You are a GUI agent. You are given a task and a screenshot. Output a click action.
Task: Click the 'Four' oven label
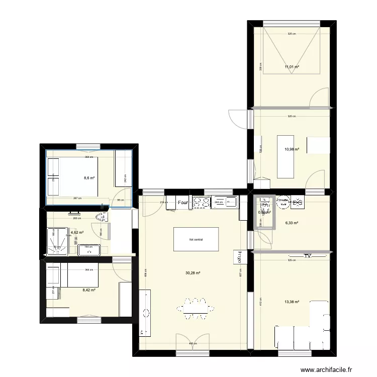[x=183, y=203]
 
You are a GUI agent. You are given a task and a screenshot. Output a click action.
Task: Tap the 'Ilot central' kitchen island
[x=196, y=239]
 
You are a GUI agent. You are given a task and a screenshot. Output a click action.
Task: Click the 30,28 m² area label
[x=193, y=273]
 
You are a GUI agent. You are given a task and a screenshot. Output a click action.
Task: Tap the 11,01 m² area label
[x=292, y=66]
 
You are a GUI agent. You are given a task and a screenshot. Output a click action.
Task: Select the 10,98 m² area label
[x=293, y=149]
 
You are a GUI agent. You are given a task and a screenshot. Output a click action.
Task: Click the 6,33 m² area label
[x=292, y=223]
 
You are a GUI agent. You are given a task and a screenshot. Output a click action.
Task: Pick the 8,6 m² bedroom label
[x=88, y=177]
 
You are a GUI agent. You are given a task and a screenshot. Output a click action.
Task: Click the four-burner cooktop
[x=202, y=203]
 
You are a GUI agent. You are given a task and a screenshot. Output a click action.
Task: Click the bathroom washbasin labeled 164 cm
[x=88, y=250]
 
